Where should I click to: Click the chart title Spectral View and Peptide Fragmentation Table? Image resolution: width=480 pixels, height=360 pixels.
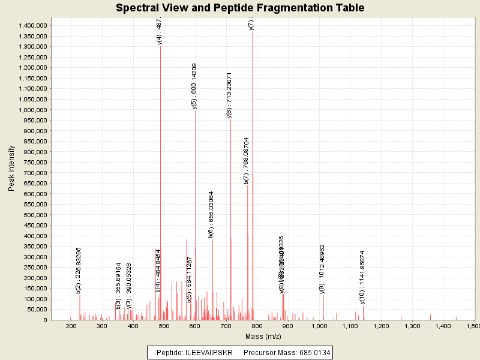coord(240,8)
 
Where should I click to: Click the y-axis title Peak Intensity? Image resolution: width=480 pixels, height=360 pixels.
coord(11,171)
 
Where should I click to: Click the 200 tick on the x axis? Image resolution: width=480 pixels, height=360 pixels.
coord(71,326)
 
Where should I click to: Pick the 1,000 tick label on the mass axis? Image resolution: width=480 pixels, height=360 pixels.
coord(319,326)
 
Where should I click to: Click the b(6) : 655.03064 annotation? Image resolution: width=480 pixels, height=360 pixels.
coord(211,214)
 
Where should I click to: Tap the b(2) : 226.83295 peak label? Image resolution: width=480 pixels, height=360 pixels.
coord(79,270)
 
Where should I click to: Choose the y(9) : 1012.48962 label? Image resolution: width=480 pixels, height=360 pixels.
coord(322,269)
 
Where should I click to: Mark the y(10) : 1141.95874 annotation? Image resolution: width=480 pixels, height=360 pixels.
coord(362,277)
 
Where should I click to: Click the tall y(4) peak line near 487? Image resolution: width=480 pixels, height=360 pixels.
coord(160,180)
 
